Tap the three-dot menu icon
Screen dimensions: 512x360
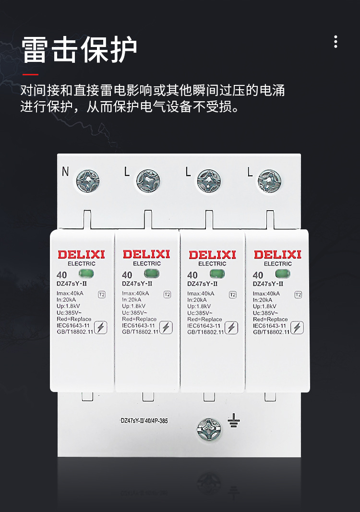click(x=336, y=42)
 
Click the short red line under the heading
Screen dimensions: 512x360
click(x=30, y=74)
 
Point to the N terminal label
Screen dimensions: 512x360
click(x=65, y=172)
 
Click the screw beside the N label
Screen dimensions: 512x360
click(x=88, y=180)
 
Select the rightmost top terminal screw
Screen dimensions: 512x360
click(x=269, y=181)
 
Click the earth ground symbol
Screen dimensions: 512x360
click(x=234, y=420)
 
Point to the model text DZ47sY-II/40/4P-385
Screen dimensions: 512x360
click(x=144, y=421)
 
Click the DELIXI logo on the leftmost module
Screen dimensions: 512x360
click(x=81, y=254)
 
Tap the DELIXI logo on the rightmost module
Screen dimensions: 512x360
click(x=277, y=254)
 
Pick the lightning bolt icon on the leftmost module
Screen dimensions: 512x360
click(x=101, y=328)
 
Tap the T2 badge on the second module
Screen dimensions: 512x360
click(x=167, y=295)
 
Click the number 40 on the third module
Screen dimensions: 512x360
click(x=192, y=275)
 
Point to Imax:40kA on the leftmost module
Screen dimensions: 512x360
click(x=70, y=294)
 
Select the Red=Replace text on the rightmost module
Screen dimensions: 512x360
click(x=270, y=319)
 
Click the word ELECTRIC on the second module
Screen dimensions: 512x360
click(x=147, y=263)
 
